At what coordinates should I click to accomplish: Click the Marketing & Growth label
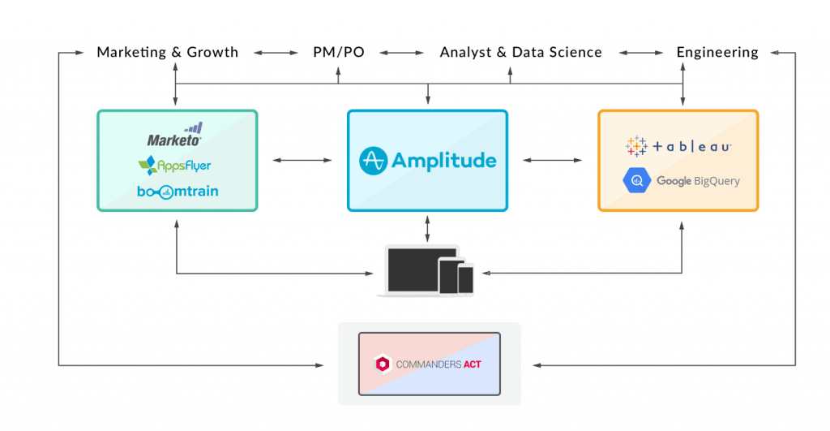(168, 53)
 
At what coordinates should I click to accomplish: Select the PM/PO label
(339, 53)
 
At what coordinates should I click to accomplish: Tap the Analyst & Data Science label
(520, 53)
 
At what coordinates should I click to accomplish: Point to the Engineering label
(717, 53)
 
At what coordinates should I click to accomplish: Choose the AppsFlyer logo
(174, 166)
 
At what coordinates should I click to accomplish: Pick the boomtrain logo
(178, 192)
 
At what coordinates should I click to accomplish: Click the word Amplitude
(443, 161)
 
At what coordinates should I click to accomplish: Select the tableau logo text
(692, 147)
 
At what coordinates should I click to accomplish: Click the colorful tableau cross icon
(636, 147)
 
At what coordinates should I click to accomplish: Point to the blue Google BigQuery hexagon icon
(636, 181)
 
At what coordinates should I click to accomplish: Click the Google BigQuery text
(698, 181)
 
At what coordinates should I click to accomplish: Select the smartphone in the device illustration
(465, 279)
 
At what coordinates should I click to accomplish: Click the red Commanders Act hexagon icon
(382, 364)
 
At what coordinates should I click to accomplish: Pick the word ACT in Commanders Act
(472, 364)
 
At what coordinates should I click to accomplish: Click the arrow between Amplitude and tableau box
(553, 161)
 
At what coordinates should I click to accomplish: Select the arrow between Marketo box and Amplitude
(302, 161)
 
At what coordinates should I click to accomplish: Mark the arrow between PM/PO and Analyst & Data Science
(402, 53)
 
